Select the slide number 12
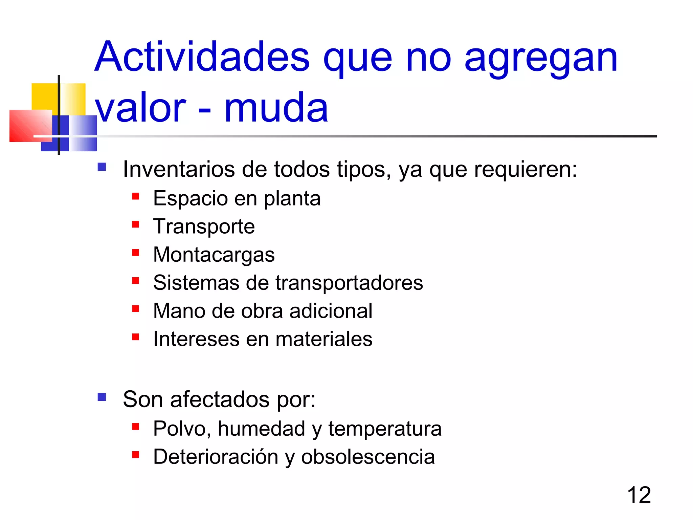(639, 495)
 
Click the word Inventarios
(179, 169)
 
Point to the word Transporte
(204, 226)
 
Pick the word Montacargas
(214, 255)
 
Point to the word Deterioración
(215, 457)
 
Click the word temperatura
(385, 429)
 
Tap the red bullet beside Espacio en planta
(136, 196)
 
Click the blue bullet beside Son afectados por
(102, 397)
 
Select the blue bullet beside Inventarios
(102, 167)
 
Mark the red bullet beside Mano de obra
(136, 309)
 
